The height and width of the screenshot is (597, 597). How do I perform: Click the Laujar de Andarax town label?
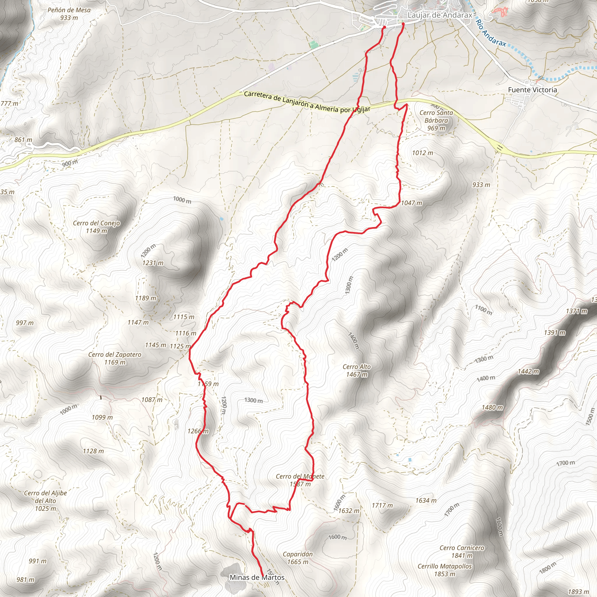tap(440, 15)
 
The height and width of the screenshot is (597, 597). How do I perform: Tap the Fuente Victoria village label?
tap(532, 89)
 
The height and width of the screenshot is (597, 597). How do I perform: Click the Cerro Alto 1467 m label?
tap(357, 370)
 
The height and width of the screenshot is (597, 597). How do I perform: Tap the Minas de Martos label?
tap(257, 577)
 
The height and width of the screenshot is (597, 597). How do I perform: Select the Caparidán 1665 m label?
tap(298, 558)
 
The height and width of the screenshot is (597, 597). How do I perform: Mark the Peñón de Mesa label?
tap(69, 14)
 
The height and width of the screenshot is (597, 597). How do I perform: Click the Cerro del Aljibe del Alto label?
tap(45, 501)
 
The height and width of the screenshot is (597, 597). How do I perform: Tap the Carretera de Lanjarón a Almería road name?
tap(307, 102)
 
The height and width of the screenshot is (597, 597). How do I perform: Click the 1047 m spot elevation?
tap(411, 203)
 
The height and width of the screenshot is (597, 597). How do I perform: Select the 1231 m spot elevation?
tap(153, 263)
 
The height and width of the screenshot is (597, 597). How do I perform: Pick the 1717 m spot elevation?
tap(382, 505)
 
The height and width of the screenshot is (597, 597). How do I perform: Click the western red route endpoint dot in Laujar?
tap(384, 27)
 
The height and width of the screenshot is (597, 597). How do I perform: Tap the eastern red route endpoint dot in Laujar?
tap(403, 24)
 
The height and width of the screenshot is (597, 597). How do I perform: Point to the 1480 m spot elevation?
tap(492, 407)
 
